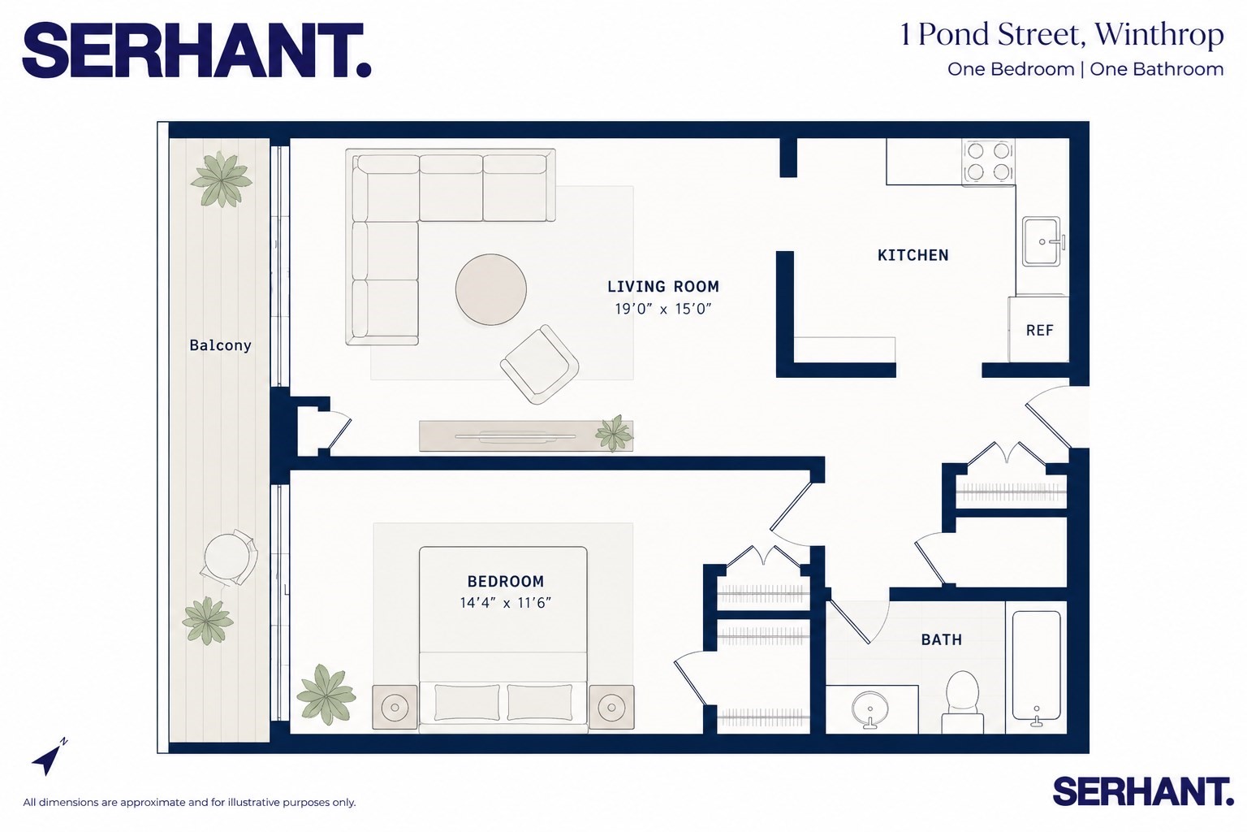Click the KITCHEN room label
click(913, 255)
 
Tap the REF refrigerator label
click(1039, 331)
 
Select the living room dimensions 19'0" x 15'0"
click(663, 309)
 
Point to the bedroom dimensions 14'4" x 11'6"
click(506, 603)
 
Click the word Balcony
click(221, 345)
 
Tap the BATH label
click(942, 639)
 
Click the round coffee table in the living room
click(491, 289)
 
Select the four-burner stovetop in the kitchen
click(988, 162)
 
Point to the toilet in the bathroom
click(962, 702)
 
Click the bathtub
click(1036, 666)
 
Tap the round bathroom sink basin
click(870, 709)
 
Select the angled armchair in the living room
click(539, 364)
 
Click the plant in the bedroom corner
click(326, 694)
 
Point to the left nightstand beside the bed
click(395, 707)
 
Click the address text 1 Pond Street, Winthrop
click(1061, 35)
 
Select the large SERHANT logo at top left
click(196, 50)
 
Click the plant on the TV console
click(614, 432)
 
